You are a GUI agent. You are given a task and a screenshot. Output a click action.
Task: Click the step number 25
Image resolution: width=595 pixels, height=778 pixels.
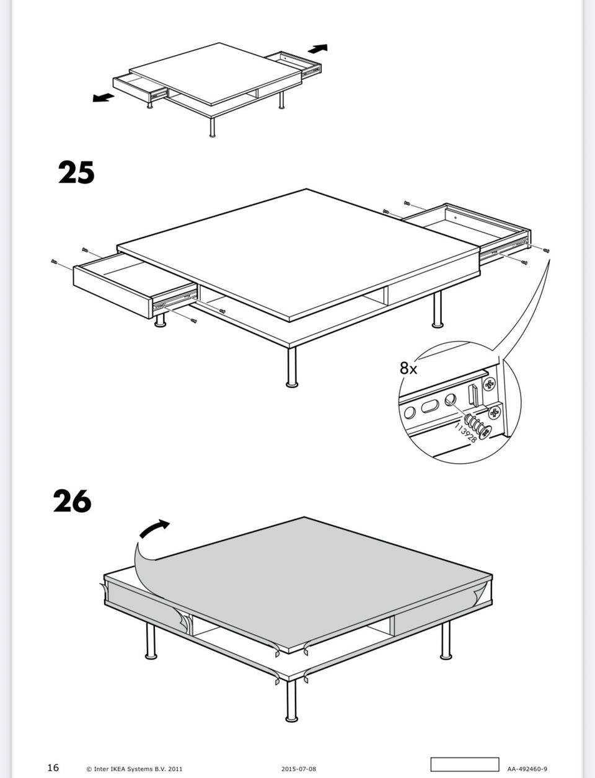[76, 172]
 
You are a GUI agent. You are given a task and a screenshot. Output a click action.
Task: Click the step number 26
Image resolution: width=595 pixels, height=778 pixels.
[73, 500]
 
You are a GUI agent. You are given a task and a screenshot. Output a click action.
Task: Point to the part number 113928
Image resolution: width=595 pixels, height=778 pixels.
[465, 433]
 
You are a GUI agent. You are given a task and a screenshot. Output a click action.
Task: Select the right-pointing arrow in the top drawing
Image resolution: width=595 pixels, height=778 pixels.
[317, 48]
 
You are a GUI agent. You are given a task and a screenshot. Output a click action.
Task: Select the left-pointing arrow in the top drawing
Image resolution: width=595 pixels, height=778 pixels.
[104, 97]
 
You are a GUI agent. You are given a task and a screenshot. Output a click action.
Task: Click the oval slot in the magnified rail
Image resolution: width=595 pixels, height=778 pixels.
[430, 406]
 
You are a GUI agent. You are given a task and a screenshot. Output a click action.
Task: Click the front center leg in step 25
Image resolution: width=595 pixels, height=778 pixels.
[292, 367]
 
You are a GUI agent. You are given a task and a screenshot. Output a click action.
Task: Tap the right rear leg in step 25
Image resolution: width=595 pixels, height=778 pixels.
[438, 309]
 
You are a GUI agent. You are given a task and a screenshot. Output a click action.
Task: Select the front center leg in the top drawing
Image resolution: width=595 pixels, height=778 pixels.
[212, 127]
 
